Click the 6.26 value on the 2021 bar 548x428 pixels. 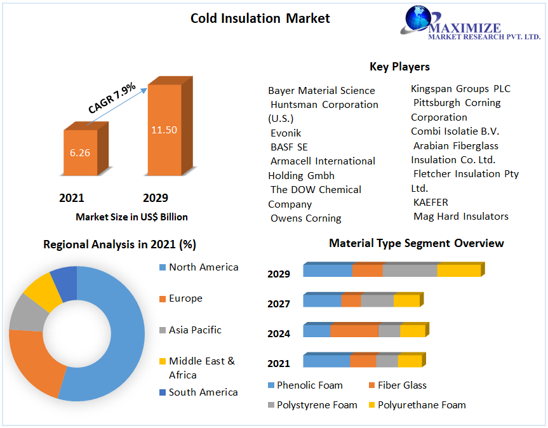(x=79, y=152)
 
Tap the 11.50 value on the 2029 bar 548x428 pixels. (x=164, y=130)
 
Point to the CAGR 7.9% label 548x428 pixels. (x=112, y=98)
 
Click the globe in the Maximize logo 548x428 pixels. (x=418, y=18)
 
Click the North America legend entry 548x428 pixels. (x=199, y=267)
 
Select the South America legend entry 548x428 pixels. (x=198, y=392)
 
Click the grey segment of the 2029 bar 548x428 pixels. (x=410, y=271)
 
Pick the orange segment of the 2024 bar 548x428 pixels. (x=354, y=330)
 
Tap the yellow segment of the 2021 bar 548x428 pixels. (x=410, y=361)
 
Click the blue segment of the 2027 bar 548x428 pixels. (x=322, y=300)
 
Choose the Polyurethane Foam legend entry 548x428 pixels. (x=417, y=405)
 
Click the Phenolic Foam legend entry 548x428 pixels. (x=305, y=385)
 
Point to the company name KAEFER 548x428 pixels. (x=431, y=203)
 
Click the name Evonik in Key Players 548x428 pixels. (x=286, y=133)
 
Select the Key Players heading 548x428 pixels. (x=399, y=67)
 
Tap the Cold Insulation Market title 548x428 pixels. (x=260, y=18)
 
